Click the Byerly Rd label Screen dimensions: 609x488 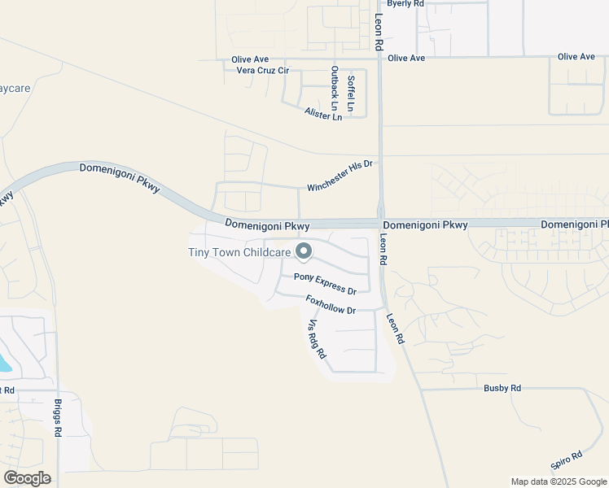click(405, 4)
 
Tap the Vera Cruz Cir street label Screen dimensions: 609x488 click(262, 71)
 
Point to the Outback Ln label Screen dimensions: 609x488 click(334, 88)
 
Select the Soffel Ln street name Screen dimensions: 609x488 click(351, 94)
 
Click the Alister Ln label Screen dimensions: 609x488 click(323, 115)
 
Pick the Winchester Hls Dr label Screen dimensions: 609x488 click(340, 176)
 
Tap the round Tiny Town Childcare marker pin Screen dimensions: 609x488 click(304, 252)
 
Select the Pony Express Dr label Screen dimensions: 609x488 click(325, 284)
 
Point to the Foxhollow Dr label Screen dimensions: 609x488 click(331, 305)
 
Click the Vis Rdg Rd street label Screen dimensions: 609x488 click(316, 339)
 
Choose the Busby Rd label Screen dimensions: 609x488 click(502, 389)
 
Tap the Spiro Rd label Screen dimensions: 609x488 click(566, 460)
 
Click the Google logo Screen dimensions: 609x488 click(27, 477)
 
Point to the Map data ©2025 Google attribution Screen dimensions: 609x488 click(558, 481)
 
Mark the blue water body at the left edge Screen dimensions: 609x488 click(5, 364)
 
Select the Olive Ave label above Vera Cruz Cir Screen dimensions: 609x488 click(250, 59)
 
